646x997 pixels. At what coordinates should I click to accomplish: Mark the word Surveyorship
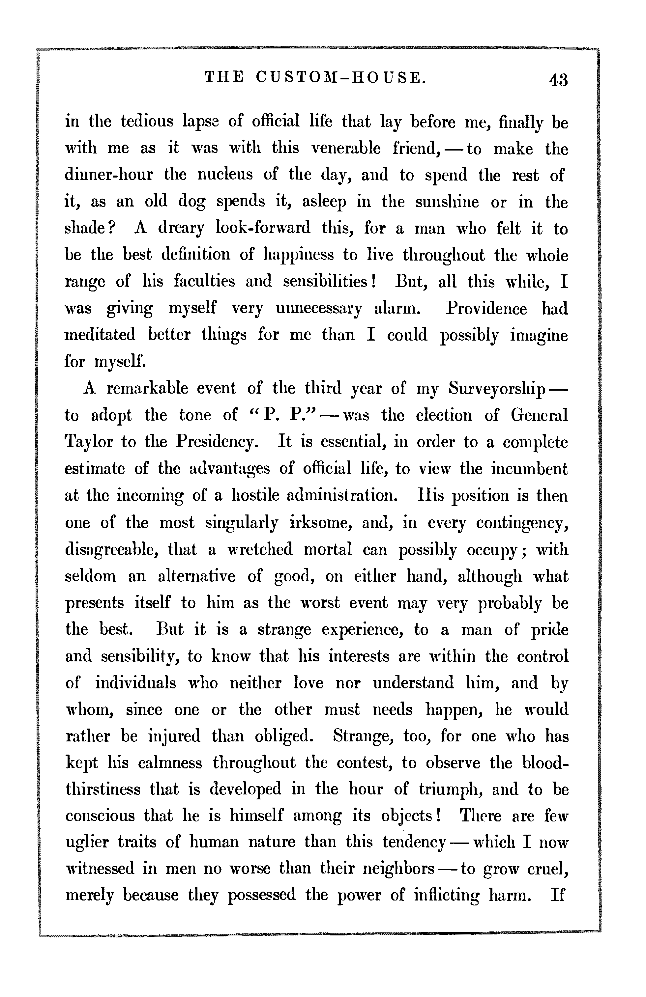497,388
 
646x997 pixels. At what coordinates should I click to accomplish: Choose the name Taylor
89,442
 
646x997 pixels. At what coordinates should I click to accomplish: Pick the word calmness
170,763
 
